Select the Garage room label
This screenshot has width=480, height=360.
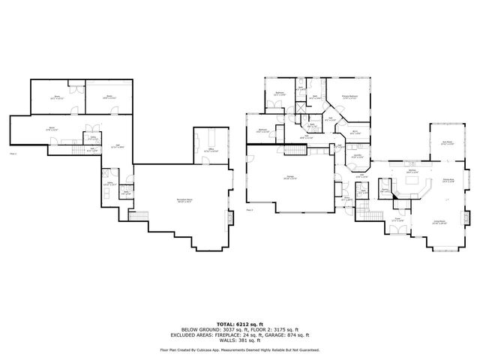[289, 177]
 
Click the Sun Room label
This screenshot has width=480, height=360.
[447, 144]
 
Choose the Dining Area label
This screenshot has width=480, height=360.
[448, 181]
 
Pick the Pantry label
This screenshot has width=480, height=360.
[385, 190]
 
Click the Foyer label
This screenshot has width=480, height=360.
[397, 220]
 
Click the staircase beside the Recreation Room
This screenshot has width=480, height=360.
[127, 185]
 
